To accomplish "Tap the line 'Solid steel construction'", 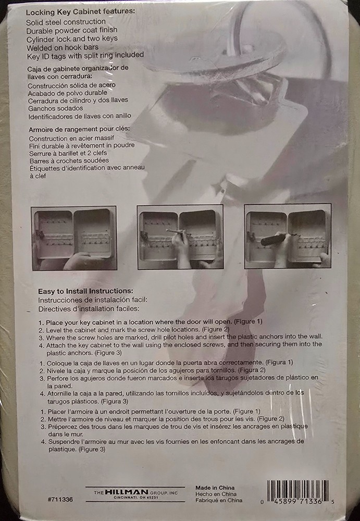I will tap(66, 22).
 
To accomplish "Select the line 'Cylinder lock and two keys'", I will tap(72, 39).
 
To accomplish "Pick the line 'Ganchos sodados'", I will tap(53, 108).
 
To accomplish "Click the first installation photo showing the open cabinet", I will tap(74, 238).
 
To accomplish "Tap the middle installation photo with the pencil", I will tap(180, 237).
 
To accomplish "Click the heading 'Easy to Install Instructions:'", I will tap(85, 291).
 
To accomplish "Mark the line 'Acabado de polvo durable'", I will tap(71, 92).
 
